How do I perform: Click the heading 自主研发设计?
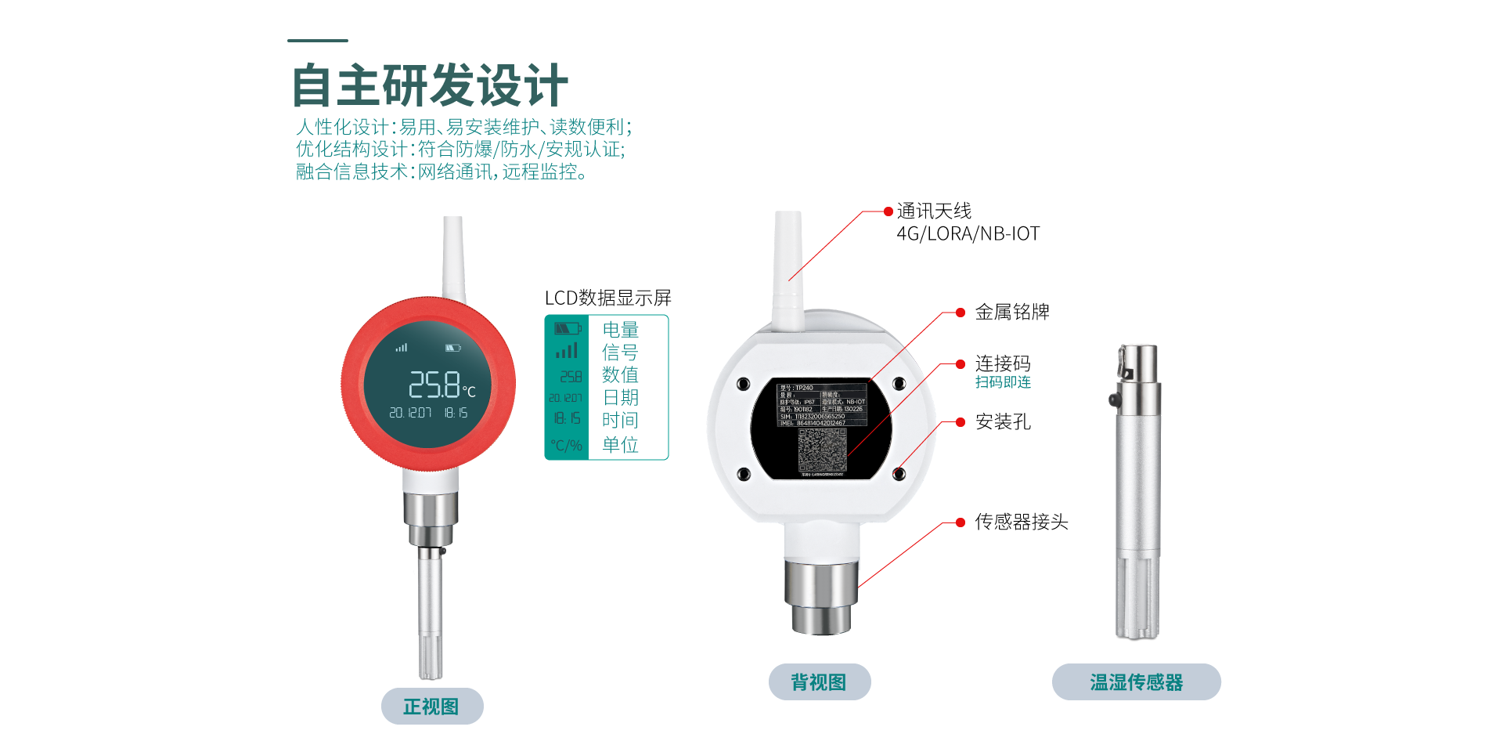429,85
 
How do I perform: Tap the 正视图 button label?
431,707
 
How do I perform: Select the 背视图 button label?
819,682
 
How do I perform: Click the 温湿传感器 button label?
1136,682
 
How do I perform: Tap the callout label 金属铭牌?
1011,313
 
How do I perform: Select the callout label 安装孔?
1002,422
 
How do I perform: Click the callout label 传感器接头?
1021,522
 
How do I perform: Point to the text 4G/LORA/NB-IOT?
968,234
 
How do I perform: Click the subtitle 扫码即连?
1003,382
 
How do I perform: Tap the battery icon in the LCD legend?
568,329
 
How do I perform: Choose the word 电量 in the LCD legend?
620,330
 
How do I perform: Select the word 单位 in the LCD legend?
620,445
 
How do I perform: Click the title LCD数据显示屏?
607,298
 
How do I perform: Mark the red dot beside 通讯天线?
888,211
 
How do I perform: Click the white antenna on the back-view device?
788,266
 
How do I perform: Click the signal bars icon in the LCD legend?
567,352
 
